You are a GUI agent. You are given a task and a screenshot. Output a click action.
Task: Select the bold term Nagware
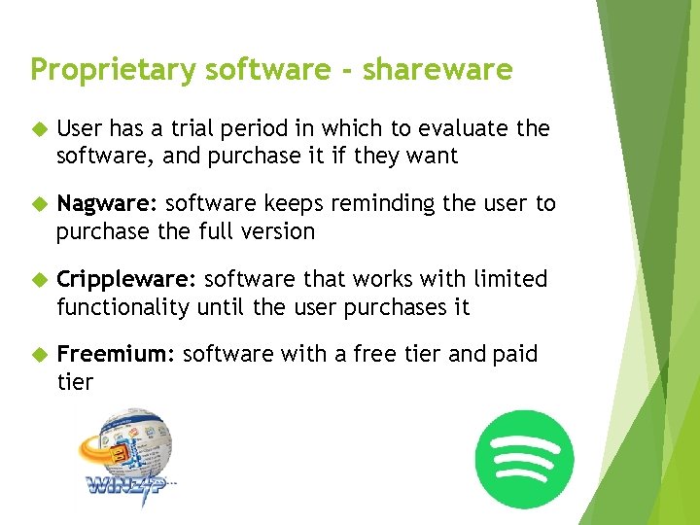point(106,204)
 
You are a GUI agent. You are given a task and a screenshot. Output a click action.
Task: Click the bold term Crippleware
point(125,280)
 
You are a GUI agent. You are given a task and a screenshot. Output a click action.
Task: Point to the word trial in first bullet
point(190,128)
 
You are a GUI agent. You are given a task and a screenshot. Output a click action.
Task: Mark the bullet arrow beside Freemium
point(38,355)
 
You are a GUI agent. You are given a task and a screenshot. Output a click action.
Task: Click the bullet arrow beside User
point(38,129)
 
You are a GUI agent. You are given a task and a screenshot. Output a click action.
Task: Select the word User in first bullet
point(79,128)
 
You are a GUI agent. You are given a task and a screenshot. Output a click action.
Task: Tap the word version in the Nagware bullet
point(275,231)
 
